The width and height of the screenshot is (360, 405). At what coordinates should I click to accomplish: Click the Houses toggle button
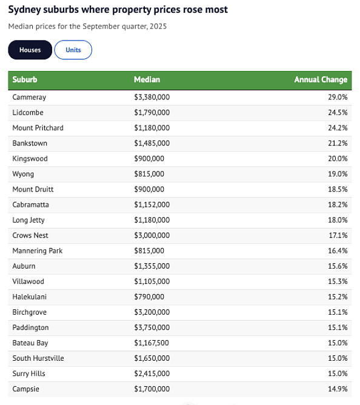coord(30,50)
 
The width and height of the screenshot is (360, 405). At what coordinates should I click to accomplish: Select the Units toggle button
coord(73,50)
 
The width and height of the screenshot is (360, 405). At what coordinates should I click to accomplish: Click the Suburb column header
coord(25,79)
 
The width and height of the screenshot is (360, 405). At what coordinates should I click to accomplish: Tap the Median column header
coord(147,79)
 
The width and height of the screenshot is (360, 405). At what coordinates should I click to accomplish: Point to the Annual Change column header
coord(321,79)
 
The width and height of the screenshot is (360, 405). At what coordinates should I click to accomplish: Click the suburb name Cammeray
coord(29,97)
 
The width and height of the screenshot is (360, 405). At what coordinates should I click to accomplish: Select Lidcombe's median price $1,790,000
coord(152,113)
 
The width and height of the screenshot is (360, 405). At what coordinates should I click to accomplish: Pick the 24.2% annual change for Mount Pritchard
coord(338,128)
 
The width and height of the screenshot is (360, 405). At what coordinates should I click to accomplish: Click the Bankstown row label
coord(30,143)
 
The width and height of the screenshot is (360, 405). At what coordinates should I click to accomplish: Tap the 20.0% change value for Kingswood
coord(338,159)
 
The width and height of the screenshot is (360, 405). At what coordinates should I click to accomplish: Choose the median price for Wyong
coord(149,174)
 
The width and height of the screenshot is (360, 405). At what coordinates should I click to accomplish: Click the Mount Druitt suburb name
coord(33,189)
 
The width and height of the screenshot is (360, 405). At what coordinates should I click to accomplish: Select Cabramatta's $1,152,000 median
coord(152,204)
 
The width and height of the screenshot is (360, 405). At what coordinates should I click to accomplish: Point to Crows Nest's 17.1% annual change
coord(338,235)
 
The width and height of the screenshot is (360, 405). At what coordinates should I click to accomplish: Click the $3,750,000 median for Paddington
coord(152,327)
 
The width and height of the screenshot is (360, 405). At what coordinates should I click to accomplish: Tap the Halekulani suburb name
coord(30,296)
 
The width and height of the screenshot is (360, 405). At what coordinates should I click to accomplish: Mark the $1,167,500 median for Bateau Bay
coord(152,343)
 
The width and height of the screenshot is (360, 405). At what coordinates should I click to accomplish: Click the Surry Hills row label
coord(28,373)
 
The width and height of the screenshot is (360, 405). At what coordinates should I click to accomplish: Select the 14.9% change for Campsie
coord(338,389)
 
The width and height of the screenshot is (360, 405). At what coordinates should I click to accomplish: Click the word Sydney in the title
coord(25,10)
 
